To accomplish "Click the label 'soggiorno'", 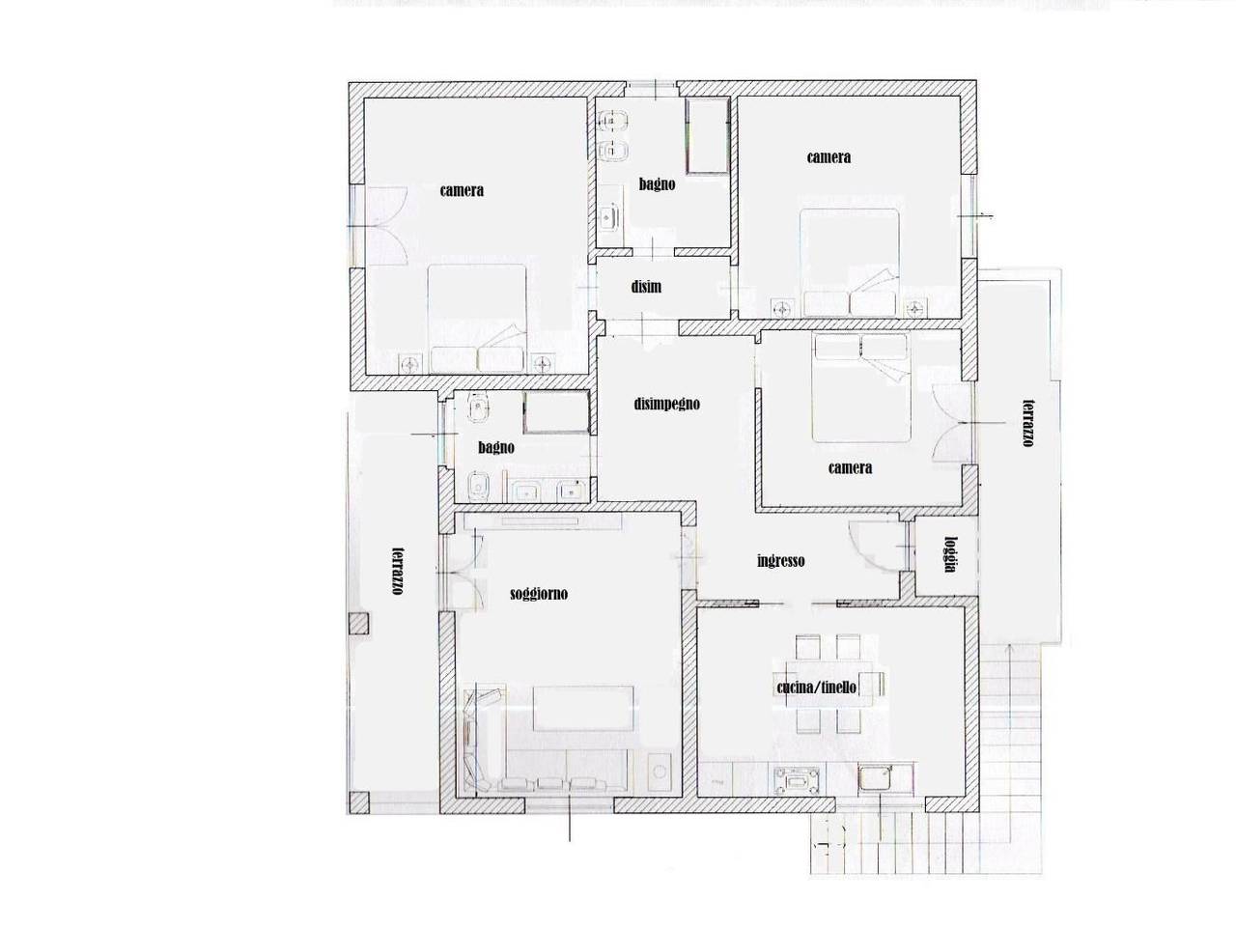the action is (538, 595).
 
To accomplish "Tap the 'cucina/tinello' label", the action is (816, 688).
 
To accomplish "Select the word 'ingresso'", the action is (780, 561).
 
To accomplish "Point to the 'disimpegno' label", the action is (666, 405).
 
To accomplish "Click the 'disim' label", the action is (646, 287).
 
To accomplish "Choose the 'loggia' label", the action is (950, 554).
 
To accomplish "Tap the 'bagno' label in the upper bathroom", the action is (657, 184).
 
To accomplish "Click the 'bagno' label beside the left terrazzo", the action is (496, 447).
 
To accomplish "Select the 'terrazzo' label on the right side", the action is (1028, 423).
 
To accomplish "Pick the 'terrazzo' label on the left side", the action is (398, 571).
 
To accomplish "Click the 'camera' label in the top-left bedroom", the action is (462, 191).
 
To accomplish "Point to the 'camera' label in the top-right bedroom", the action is (829, 157).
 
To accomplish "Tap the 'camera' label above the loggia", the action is (851, 467).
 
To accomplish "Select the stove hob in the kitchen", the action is (797, 782).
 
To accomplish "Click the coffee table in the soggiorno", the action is (583, 708).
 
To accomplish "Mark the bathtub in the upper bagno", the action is (707, 136).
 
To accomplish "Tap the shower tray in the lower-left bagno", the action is (557, 412).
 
